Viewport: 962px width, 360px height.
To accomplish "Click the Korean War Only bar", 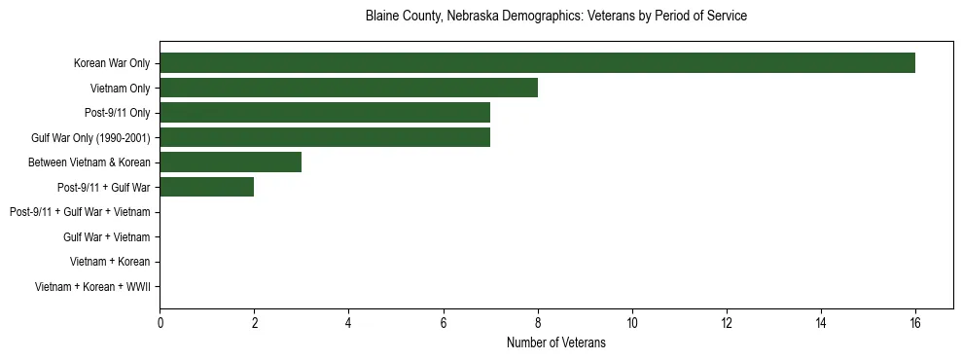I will pos(537,63).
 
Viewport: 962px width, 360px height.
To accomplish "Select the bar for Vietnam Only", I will pos(348,89).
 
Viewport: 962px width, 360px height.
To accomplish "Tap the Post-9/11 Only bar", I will pos(325,113).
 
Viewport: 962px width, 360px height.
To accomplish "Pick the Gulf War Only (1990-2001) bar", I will pos(325,137).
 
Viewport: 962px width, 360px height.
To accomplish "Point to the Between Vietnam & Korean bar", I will pos(231,162).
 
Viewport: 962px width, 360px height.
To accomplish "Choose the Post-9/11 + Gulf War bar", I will pos(206,187).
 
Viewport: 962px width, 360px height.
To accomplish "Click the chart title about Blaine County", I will pos(556,17).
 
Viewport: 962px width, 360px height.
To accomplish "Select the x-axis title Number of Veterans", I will pos(556,342).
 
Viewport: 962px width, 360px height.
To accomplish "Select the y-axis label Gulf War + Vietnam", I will pos(106,236).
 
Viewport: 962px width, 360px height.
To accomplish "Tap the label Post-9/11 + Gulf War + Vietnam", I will pos(80,212).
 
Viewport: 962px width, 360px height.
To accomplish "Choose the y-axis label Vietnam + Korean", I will pos(110,262).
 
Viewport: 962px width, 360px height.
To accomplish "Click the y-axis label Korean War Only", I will pos(112,63).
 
